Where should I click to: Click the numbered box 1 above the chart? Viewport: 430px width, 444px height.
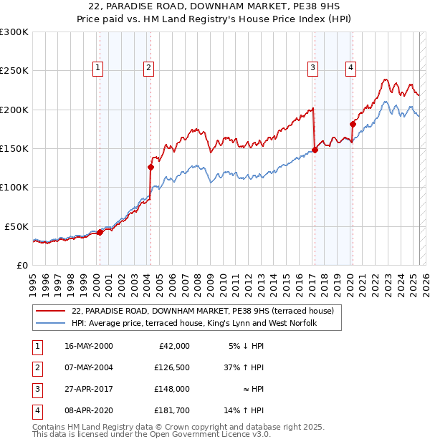click(97, 68)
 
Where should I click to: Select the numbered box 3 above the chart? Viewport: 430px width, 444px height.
click(313, 68)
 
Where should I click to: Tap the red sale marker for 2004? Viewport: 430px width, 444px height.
click(150, 167)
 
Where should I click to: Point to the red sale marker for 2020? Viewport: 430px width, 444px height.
click(353, 124)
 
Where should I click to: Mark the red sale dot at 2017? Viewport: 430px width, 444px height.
click(315, 150)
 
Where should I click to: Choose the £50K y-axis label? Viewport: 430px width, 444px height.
click(17, 226)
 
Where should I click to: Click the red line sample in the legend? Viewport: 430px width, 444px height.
click(51, 312)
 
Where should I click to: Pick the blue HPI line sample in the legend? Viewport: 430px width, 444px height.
click(51, 324)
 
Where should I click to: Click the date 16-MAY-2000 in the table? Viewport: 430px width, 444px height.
click(89, 346)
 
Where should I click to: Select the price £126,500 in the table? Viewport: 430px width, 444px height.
click(172, 368)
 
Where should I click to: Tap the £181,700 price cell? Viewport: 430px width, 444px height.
click(172, 411)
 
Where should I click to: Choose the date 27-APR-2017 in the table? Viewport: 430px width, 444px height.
click(89, 390)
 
